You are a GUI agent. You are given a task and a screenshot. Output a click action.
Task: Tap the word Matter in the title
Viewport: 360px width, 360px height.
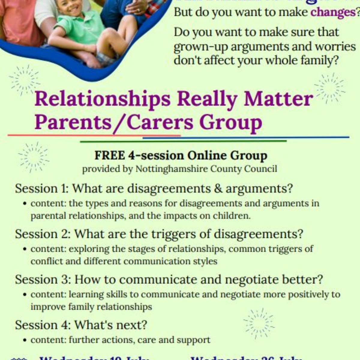point(278,99)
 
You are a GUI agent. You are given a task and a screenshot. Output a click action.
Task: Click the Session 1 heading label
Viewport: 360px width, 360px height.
point(42,189)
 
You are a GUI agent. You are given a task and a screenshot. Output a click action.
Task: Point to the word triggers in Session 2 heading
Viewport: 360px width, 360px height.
point(173,234)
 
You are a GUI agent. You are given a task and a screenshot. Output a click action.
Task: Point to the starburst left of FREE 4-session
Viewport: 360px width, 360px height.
point(34,157)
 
